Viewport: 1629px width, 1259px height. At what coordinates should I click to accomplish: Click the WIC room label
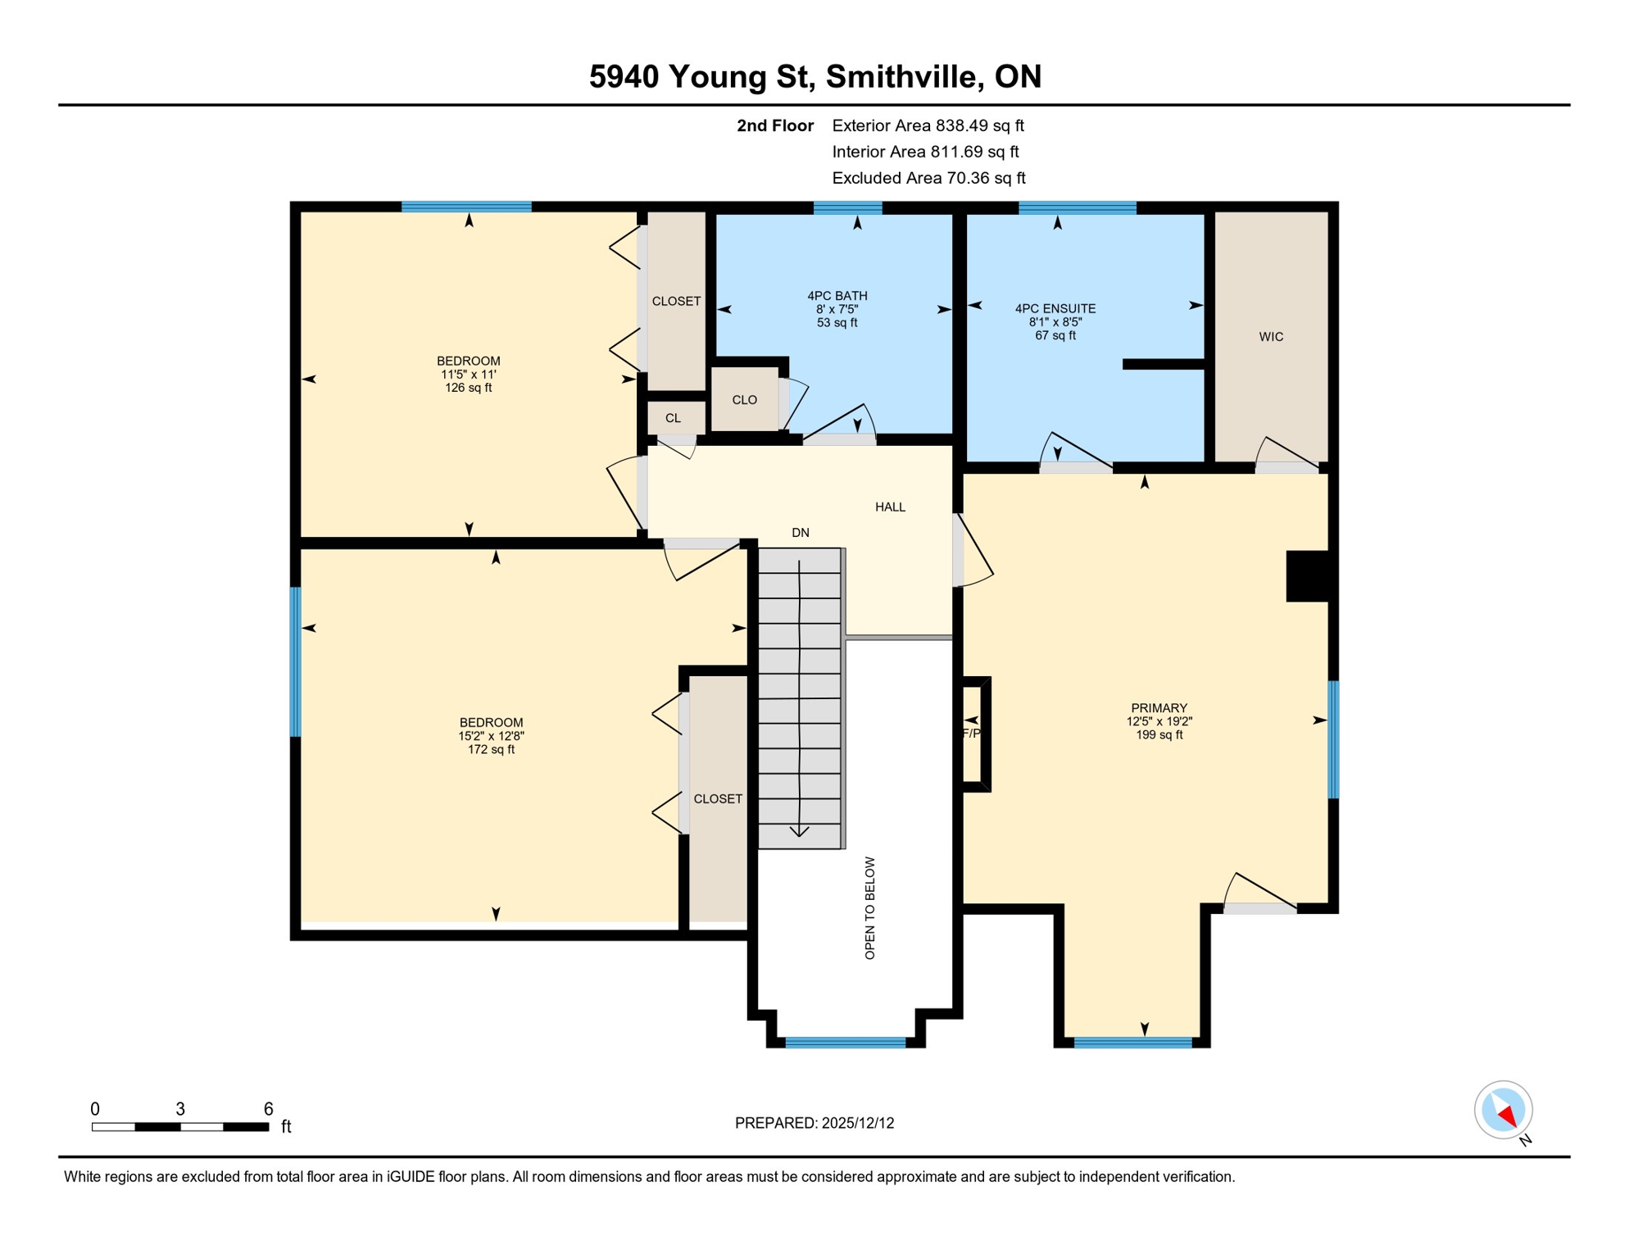(1271, 337)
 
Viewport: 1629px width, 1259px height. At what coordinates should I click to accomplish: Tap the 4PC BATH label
(837, 296)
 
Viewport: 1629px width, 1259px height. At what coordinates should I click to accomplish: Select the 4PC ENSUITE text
(1055, 309)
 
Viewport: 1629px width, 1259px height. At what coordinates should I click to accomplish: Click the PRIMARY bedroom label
(1159, 708)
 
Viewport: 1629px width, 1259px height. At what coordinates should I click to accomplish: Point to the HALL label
(890, 507)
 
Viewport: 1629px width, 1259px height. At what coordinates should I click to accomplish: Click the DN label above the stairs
(801, 533)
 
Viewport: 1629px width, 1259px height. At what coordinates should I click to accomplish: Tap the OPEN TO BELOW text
(870, 908)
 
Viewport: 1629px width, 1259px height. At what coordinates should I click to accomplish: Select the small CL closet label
(673, 418)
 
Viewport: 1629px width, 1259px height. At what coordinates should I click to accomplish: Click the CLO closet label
(744, 400)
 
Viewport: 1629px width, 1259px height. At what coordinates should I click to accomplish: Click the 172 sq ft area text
(491, 749)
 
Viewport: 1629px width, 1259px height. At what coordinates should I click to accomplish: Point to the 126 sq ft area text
(468, 388)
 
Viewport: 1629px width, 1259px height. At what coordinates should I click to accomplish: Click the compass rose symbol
(1503, 1110)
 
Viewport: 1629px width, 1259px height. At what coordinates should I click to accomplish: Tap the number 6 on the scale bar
(268, 1109)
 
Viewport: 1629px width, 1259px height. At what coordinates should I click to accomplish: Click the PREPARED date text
(814, 1123)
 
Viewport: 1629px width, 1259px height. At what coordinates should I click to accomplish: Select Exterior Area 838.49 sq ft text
(928, 125)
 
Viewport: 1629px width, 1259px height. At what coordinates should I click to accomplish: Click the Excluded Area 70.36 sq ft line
(928, 178)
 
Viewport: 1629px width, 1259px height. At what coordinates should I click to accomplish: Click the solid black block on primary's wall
(1307, 576)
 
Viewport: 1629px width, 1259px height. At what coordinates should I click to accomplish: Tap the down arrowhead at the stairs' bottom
(799, 832)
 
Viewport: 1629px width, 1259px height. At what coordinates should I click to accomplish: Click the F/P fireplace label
(971, 733)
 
